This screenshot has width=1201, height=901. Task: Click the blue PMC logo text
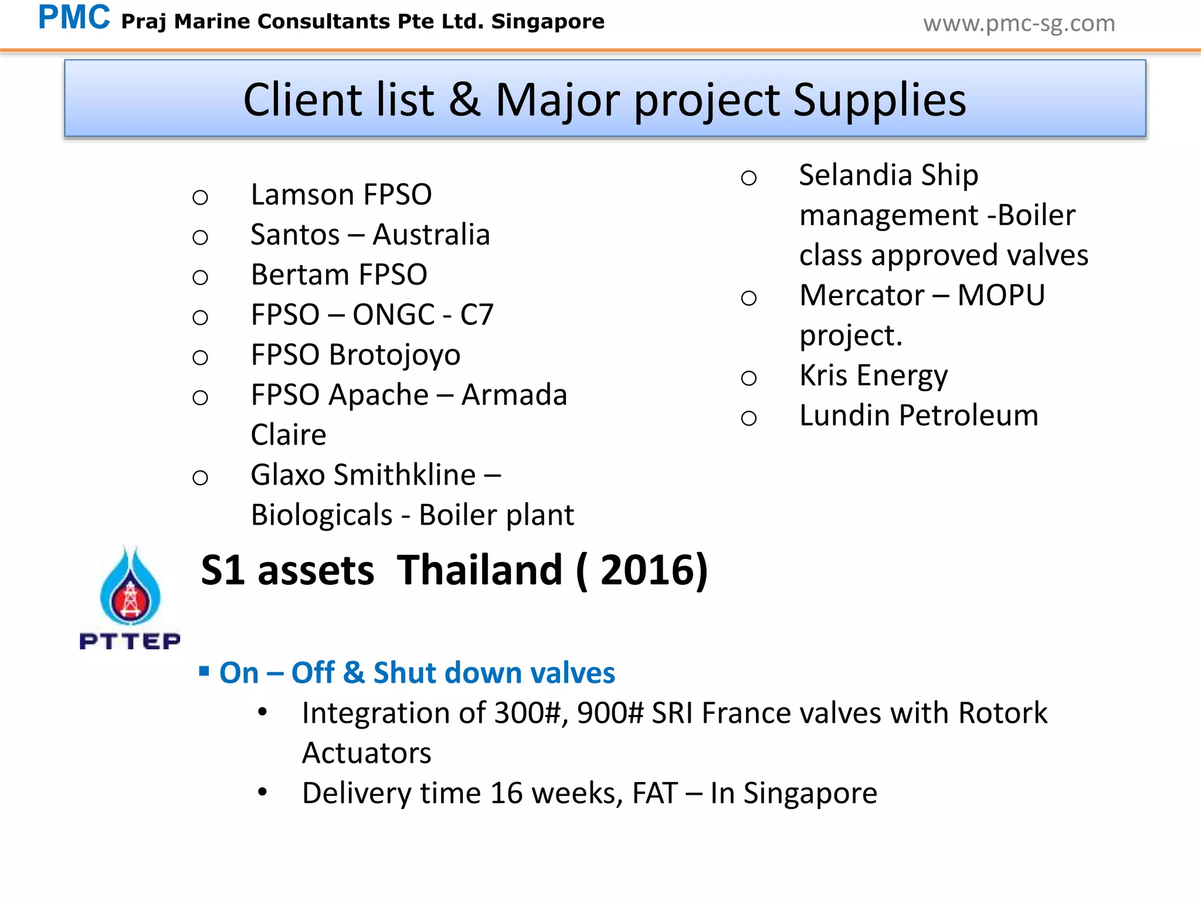point(74,18)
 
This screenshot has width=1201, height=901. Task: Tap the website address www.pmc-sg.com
point(1019,23)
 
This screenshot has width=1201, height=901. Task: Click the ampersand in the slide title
point(464,100)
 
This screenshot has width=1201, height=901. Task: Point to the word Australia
point(431,235)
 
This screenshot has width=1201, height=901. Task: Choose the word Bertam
point(300,275)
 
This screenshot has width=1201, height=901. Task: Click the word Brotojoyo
point(394,355)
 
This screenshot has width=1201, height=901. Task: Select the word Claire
point(289,435)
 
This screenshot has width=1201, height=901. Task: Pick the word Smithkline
point(404,475)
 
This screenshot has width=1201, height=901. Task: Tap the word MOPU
point(1000,296)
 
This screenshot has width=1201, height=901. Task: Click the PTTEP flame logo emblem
point(130,587)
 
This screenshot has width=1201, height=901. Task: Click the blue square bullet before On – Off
point(204,671)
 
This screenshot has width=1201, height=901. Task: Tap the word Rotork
point(1002,713)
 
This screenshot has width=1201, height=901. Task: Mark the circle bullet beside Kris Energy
point(749,378)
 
